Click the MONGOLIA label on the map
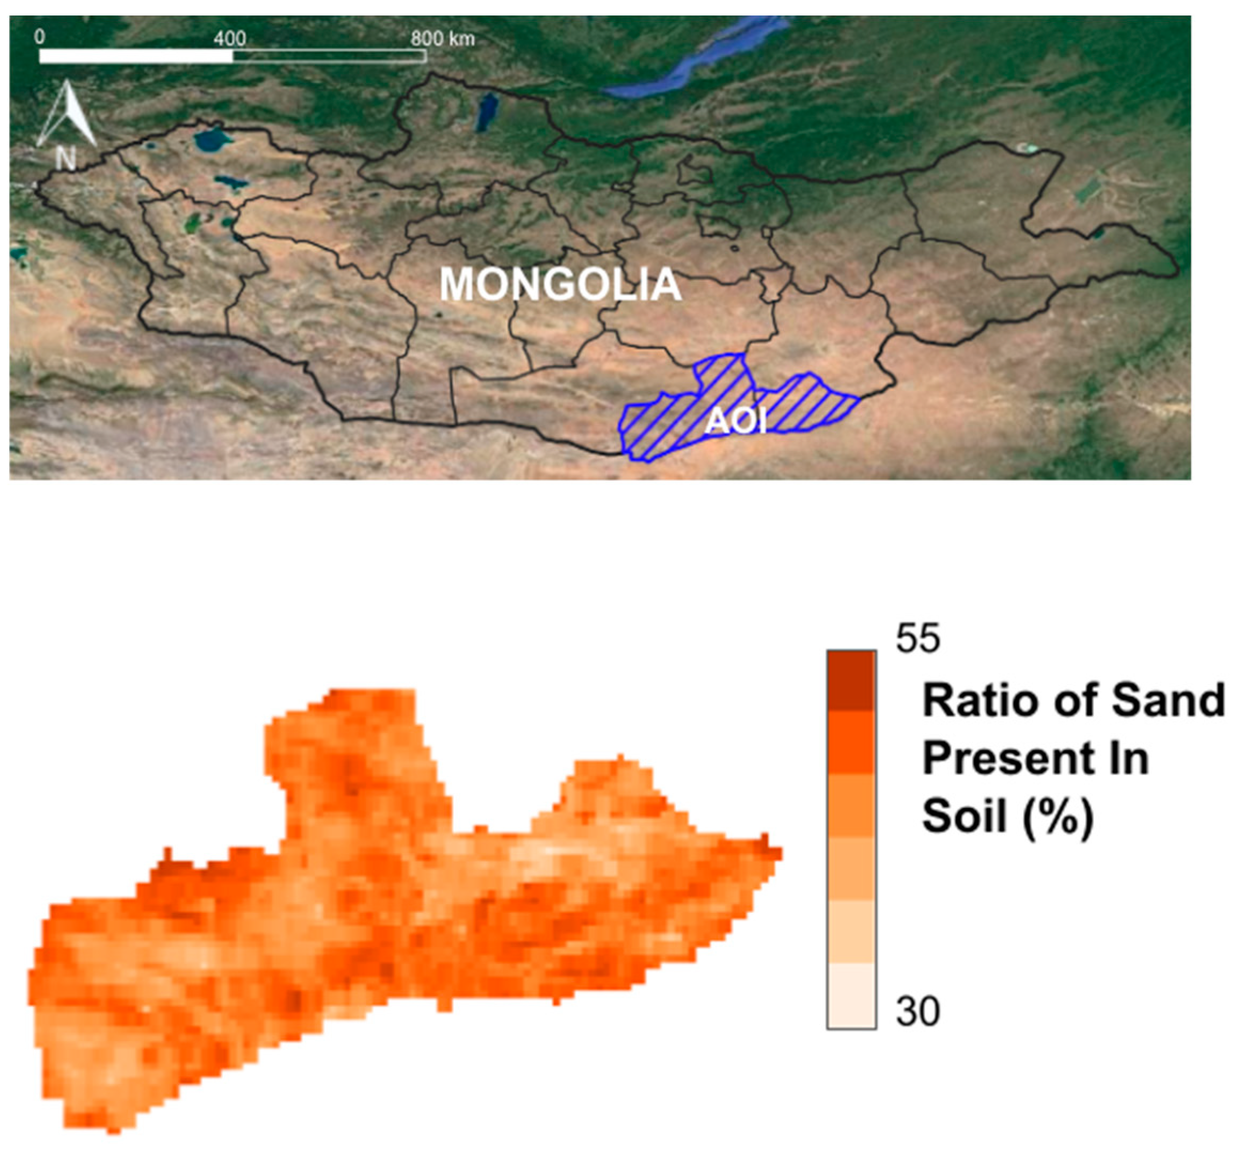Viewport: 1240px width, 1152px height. coord(560,284)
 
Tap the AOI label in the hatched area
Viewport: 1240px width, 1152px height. coord(735,422)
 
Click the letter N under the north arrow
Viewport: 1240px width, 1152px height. coord(66,159)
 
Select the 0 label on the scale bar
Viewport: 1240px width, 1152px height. coord(40,37)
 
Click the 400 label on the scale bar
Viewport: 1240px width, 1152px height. coord(230,38)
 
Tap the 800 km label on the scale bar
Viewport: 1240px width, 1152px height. coord(442,38)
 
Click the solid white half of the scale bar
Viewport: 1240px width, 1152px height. coord(136,56)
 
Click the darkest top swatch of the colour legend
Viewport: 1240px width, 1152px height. coord(851,680)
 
